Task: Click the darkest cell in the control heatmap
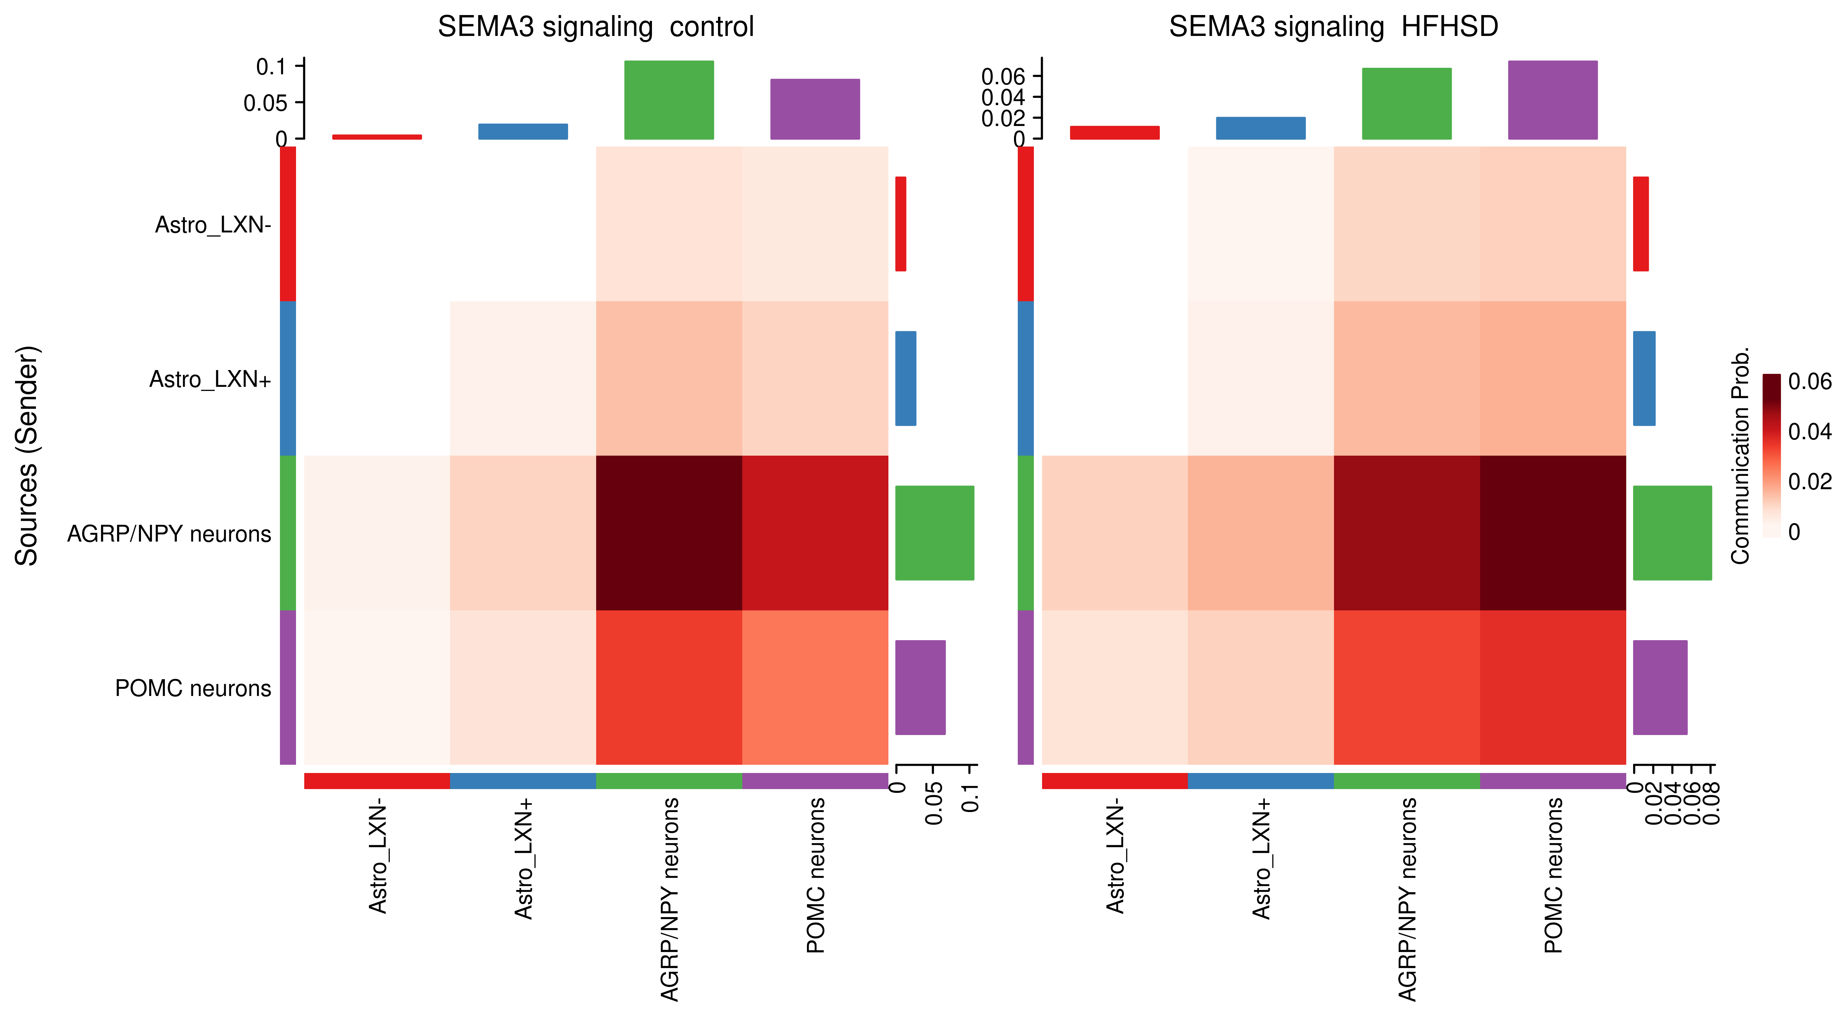[x=669, y=533]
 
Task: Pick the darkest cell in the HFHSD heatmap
[x=1552, y=533]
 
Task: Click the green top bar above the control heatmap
[x=669, y=100]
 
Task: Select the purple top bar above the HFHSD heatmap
[x=1552, y=100]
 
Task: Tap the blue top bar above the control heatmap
[x=523, y=131]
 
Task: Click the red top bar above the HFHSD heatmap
[x=1114, y=133]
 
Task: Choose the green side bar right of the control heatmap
[x=934, y=533]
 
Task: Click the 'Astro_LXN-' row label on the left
[x=213, y=225]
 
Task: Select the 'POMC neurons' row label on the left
[x=193, y=688]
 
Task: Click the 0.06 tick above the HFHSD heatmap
[x=1003, y=76]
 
